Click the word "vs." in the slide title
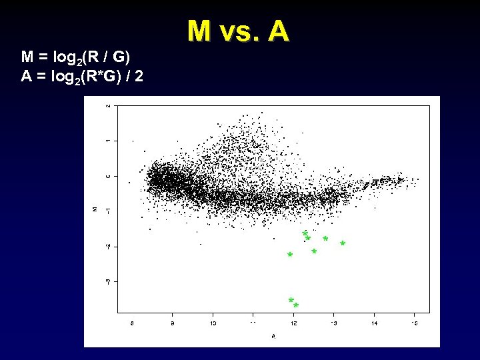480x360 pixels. pyautogui.click(x=237, y=31)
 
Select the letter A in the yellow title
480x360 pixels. pyautogui.click(x=278, y=31)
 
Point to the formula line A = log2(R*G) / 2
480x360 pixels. pyautogui.click(x=81, y=76)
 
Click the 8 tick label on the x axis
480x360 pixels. pyautogui.click(x=132, y=323)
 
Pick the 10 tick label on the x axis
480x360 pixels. pyautogui.click(x=213, y=323)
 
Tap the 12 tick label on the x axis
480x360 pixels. pyautogui.click(x=293, y=323)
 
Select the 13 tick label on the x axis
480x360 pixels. pyautogui.click(x=334, y=323)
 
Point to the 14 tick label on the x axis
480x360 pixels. pyautogui.click(x=374, y=323)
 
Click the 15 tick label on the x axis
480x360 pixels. pyautogui.click(x=414, y=323)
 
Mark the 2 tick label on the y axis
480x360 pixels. pyautogui.click(x=109, y=105)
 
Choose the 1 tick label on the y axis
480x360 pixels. pyautogui.click(x=109, y=141)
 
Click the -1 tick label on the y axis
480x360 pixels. pyautogui.click(x=109, y=211)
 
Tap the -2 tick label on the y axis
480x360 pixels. pyautogui.click(x=109, y=247)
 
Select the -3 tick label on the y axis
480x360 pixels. pyautogui.click(x=109, y=281)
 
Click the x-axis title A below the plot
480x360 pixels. pyautogui.click(x=273, y=336)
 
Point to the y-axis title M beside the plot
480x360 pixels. pyautogui.click(x=95, y=209)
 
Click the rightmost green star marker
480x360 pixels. pyautogui.click(x=343, y=244)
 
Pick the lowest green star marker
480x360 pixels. pyautogui.click(x=296, y=305)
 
